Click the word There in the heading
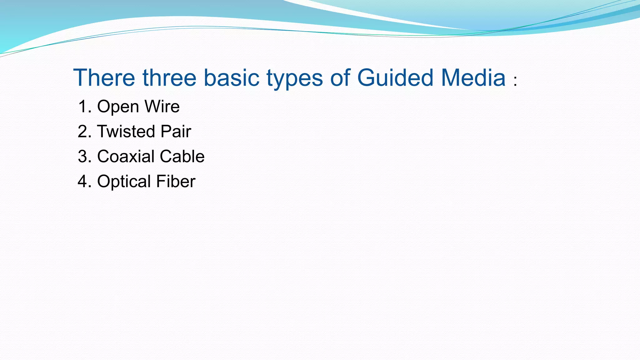pos(104,77)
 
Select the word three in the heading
pos(169,77)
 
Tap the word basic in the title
pos(232,77)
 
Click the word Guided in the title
pos(395,77)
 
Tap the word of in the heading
pos(340,77)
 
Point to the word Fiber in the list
pos(176,182)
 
